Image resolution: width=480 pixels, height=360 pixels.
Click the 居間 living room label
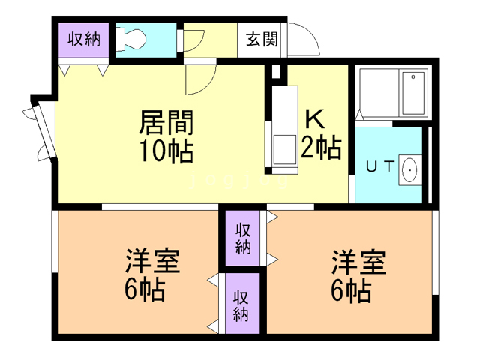[166, 121]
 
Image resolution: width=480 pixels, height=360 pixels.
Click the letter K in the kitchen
[313, 121]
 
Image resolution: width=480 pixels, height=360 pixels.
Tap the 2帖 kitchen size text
[321, 147]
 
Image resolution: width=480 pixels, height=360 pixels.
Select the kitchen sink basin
[283, 147]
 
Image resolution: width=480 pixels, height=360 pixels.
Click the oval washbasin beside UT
[410, 170]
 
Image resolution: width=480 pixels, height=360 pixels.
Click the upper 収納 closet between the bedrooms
[242, 238]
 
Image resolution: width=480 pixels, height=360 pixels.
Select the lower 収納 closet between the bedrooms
[240, 304]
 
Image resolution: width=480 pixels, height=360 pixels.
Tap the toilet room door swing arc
[193, 41]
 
